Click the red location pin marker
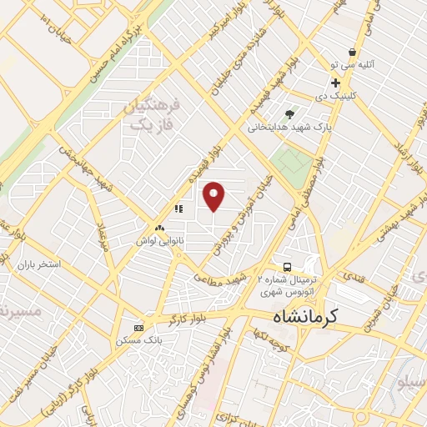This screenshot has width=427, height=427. [x=213, y=196]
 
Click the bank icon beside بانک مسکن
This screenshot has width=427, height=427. [x=138, y=327]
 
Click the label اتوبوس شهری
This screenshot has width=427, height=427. [x=289, y=293]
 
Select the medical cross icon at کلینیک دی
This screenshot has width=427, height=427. [x=335, y=83]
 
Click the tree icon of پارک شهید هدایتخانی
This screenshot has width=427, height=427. [x=289, y=115]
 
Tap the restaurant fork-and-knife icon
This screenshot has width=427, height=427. [x=178, y=208]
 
